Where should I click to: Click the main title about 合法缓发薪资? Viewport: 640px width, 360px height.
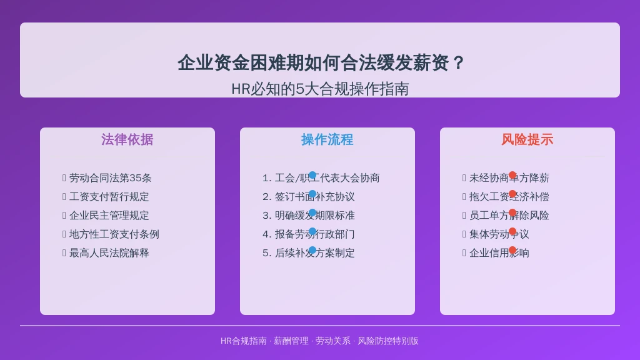320,62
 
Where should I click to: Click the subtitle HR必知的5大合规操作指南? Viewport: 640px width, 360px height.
320,89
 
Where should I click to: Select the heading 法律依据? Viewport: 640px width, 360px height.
127,139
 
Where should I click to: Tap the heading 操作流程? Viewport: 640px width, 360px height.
327,139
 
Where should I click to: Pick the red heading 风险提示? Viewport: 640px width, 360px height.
527,139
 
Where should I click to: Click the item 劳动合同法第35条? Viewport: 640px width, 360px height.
110,178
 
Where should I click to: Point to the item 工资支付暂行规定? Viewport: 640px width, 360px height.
109,197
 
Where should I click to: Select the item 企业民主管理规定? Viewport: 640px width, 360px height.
109,216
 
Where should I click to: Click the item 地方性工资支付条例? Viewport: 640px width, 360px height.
114,234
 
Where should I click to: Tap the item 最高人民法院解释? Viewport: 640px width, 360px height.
109,253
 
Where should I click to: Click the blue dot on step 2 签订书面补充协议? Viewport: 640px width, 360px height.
312,194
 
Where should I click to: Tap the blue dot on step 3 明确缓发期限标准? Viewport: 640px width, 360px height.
312,212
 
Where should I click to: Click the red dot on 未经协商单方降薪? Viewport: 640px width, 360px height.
512,175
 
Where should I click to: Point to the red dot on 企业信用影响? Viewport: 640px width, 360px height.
512,250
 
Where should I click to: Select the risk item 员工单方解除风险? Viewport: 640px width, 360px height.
509,216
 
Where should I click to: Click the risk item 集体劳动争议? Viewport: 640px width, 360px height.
499,235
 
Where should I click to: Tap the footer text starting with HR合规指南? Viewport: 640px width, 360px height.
319,341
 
